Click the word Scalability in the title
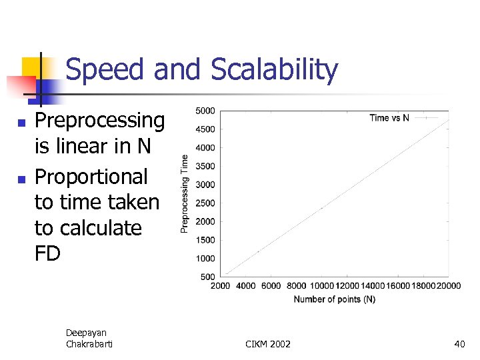coord(275,70)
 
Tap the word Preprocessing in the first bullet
coord(99,121)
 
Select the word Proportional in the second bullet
coord(91,177)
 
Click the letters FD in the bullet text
coord(47,253)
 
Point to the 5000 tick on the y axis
coord(205,111)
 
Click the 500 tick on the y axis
coord(207,277)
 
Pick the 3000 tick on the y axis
coord(205,185)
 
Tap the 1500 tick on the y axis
coord(205,240)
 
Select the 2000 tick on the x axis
coord(221,286)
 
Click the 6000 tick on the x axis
coord(271,286)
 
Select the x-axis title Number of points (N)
coord(334,299)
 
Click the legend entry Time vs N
coord(389,118)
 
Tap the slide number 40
coord(459,344)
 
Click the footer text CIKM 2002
coord(268,344)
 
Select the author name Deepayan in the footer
coord(86,333)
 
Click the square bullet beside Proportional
coord(21,179)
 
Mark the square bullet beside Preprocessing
coord(21,123)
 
